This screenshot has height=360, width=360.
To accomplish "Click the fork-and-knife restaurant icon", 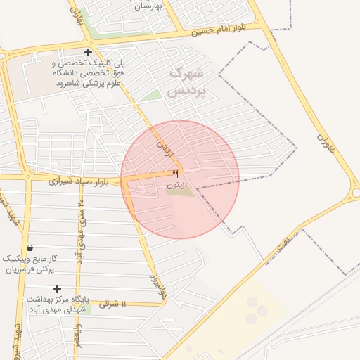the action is pyautogui.click(x=176, y=174).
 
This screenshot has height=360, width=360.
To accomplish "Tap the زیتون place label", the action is pyautogui.click(x=176, y=185).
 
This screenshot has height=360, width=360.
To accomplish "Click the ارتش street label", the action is pyautogui.click(x=163, y=147).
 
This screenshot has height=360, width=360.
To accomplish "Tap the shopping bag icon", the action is pyautogui.click(x=29, y=247).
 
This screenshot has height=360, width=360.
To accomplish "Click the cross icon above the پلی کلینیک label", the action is pyautogui.click(x=88, y=53).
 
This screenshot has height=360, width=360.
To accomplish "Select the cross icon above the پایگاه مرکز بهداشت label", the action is pyautogui.click(x=58, y=288).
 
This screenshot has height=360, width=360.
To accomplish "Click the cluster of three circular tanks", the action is pyautogui.click(x=256, y=310).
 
